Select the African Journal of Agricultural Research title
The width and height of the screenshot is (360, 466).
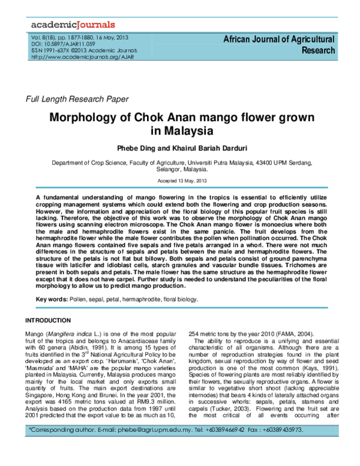278,45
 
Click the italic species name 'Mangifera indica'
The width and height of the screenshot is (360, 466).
71,333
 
